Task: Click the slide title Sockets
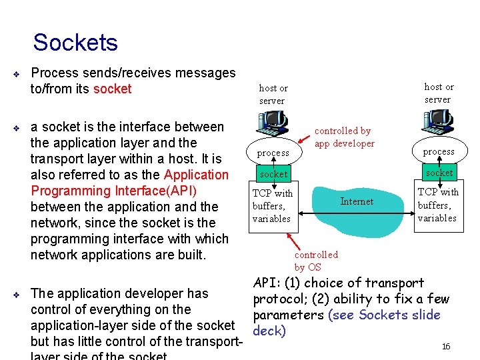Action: coord(75,43)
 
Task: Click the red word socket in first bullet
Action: coord(112,89)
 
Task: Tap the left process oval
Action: coord(273,153)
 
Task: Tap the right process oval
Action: coord(439,151)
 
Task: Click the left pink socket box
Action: coord(273,174)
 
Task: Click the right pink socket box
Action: coord(439,173)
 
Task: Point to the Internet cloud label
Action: coord(357,201)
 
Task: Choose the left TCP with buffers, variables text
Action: coord(272,206)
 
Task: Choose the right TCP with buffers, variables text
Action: coord(437,205)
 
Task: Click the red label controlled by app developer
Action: coord(344,137)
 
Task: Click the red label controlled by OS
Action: coord(316,261)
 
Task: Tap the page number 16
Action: coord(446,347)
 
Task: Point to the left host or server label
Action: coord(273,95)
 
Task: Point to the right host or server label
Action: coord(439,93)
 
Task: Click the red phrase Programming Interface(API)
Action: coord(114,191)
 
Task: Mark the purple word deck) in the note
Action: coord(269,331)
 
